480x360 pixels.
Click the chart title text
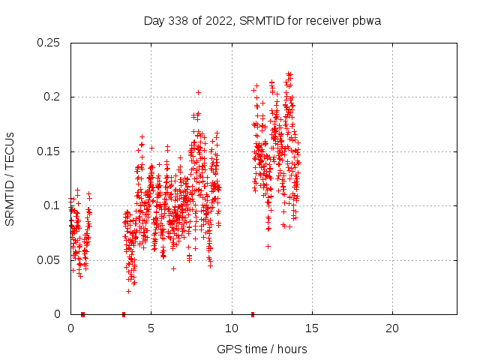pos(262,20)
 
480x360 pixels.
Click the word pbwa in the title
pos(367,20)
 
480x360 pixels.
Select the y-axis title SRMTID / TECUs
pos(10,178)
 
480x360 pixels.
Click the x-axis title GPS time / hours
pos(262,349)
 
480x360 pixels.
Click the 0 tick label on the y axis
pos(58,314)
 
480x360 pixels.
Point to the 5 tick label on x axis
pos(151,328)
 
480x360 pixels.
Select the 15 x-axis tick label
pos(311,328)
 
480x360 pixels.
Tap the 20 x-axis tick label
pos(391,328)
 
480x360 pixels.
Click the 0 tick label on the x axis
pos(70,328)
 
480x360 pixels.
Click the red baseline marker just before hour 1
pos(82,313)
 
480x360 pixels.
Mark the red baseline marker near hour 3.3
pos(124,313)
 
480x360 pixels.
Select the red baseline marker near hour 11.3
pos(253,313)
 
